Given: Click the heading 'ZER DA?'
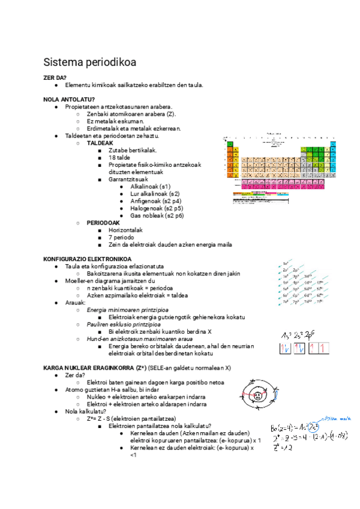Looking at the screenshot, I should pyautogui.click(x=55, y=77).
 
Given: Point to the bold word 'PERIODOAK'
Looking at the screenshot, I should pyautogui.click(x=104, y=223).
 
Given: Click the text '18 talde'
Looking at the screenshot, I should pyautogui.click(x=120, y=157).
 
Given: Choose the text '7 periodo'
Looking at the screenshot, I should pyautogui.click(x=122, y=237).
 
